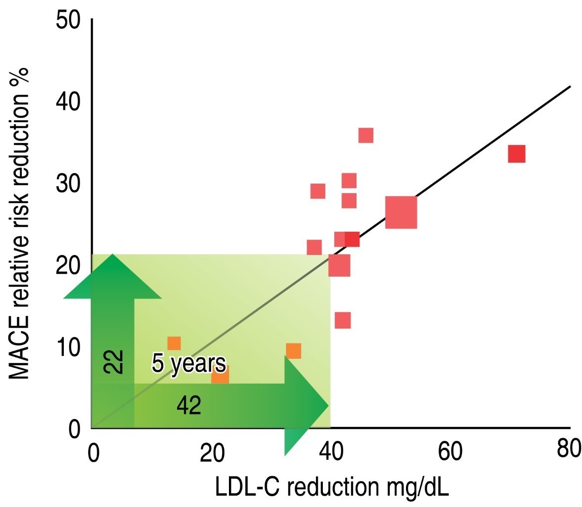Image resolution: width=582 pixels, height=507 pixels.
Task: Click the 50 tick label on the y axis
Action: pyautogui.click(x=68, y=23)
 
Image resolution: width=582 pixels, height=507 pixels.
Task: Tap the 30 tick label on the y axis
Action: pyautogui.click(x=68, y=185)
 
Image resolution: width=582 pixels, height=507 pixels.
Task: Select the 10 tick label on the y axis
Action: pyautogui.click(x=68, y=348)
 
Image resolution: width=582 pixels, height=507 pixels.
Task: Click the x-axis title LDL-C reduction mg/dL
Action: pyautogui.click(x=331, y=488)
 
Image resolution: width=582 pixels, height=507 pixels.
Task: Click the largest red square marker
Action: pyautogui.click(x=401, y=212)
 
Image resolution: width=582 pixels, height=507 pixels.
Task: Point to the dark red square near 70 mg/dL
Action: pyautogui.click(x=516, y=154)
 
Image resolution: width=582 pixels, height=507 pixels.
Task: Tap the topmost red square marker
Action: pyautogui.click(x=366, y=135)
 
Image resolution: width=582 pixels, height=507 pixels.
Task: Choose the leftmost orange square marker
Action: pyautogui.click(x=174, y=343)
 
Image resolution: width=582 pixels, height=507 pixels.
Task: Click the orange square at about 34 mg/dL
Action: pyautogui.click(x=294, y=351)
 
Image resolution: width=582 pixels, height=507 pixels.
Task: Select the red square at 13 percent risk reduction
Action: pyautogui.click(x=343, y=320)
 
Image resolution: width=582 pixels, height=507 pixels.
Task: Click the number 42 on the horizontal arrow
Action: pyautogui.click(x=189, y=406)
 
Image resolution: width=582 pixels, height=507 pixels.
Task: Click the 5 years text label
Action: pyautogui.click(x=188, y=364)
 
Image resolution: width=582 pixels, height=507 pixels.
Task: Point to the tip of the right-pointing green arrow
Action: pyautogui.click(x=328, y=406)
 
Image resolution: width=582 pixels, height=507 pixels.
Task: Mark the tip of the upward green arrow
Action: pyautogui.click(x=113, y=255)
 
